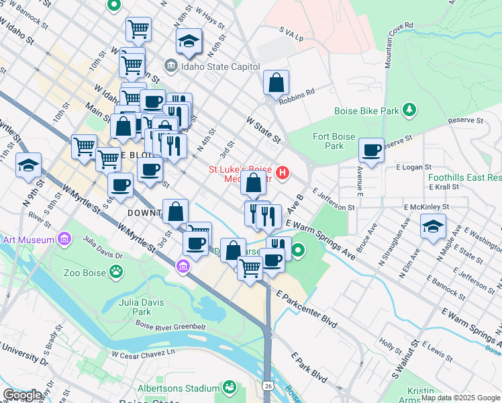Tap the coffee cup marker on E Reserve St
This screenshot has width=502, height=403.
(x=371, y=150)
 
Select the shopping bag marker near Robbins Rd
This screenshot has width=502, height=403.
(x=276, y=83)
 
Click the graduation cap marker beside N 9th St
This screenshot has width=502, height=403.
(x=29, y=166)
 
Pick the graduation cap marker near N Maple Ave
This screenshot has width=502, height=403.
(x=433, y=228)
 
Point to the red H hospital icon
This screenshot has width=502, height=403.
(x=283, y=173)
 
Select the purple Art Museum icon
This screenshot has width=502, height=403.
(x=64, y=238)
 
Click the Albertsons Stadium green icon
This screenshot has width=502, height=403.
(x=230, y=388)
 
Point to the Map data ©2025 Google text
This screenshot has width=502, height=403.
(x=460, y=398)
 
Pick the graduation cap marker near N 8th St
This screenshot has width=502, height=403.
(x=189, y=42)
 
